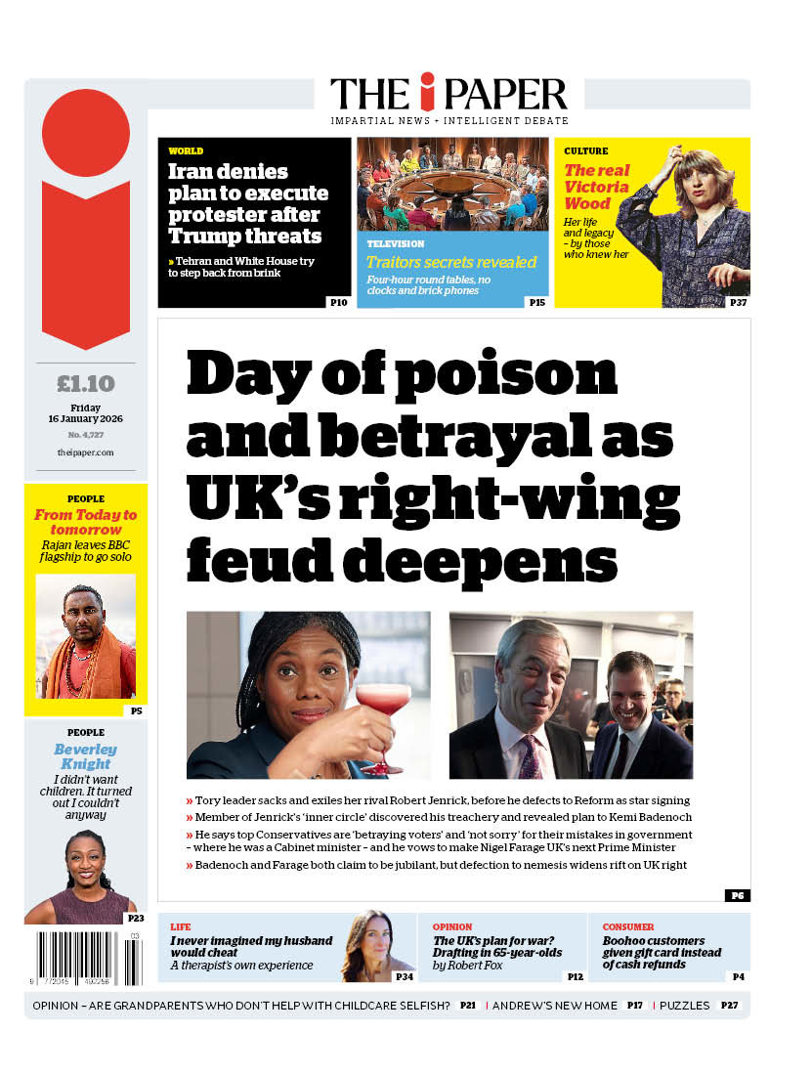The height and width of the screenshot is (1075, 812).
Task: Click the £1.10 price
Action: pyautogui.click(x=85, y=383)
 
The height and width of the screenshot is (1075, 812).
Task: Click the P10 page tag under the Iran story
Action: pyautogui.click(x=338, y=303)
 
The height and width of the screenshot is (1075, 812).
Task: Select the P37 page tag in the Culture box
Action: pyautogui.click(x=738, y=303)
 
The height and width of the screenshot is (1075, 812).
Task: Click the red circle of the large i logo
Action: pyautogui.click(x=86, y=133)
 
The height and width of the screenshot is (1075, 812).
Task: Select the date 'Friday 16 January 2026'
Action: pyautogui.click(x=85, y=413)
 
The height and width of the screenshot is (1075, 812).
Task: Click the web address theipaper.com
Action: pyautogui.click(x=85, y=452)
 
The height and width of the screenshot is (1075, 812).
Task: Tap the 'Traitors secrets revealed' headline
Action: pyautogui.click(x=451, y=262)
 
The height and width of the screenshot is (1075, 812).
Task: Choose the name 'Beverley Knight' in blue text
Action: pyautogui.click(x=85, y=756)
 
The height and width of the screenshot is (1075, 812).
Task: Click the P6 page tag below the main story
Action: pyautogui.click(x=737, y=895)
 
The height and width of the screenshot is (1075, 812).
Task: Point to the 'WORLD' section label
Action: pyautogui.click(x=186, y=151)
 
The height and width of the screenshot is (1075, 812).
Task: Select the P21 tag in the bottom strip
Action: pyautogui.click(x=468, y=1006)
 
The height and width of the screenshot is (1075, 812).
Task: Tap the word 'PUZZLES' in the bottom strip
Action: pyautogui.click(x=686, y=1006)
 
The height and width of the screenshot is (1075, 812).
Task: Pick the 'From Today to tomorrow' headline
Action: pyautogui.click(x=85, y=522)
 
